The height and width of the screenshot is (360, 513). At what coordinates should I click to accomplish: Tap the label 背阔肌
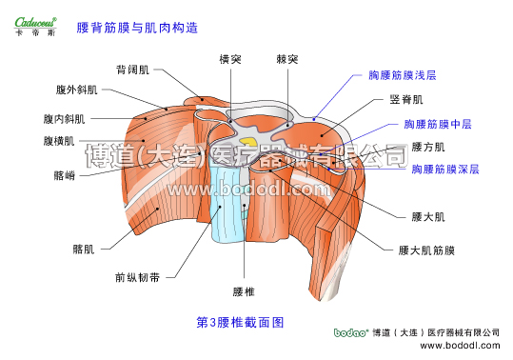tap(132, 70)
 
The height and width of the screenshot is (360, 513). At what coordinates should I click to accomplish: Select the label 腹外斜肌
tap(77, 90)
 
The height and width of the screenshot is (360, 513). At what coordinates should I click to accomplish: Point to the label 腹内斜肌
tap(64, 120)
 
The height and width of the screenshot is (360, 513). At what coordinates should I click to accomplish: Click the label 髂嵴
tap(66, 175)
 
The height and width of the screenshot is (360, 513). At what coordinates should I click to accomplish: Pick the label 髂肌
tap(84, 250)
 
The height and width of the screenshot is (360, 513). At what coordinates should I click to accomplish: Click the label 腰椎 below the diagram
tap(245, 290)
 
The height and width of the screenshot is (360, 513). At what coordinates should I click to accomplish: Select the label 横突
tap(230, 59)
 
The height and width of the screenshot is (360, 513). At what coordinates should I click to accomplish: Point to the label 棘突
tap(287, 59)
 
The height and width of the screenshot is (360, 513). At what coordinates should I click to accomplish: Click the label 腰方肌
tap(428, 148)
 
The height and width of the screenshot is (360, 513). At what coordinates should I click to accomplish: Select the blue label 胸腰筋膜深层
tap(445, 169)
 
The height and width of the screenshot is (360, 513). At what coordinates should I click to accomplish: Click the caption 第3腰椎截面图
tap(241, 323)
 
